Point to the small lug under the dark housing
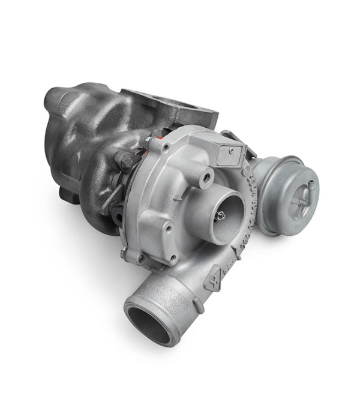67,194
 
